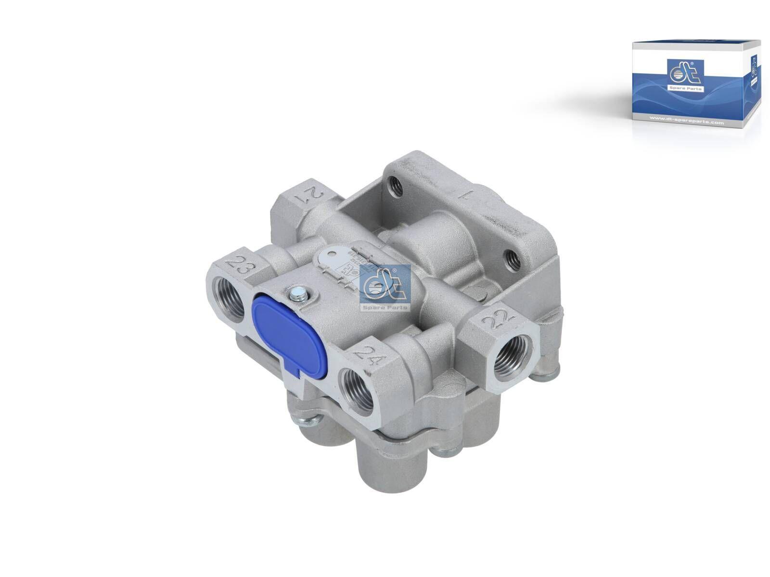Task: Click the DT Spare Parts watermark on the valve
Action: point(385,288)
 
